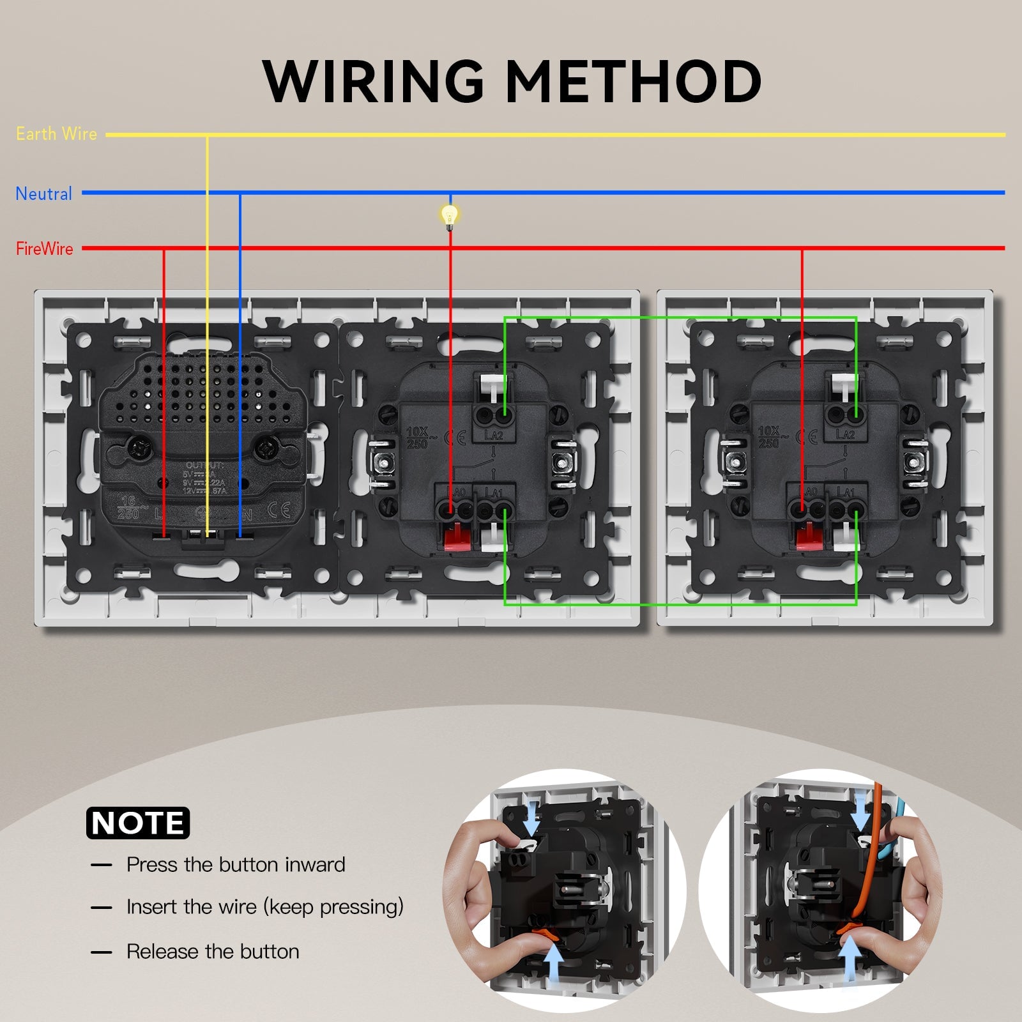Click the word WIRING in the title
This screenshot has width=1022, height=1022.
pyautogui.click(x=373, y=81)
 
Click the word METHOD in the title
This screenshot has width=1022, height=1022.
pyautogui.click(x=634, y=81)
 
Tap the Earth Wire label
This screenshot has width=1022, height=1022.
pyautogui.click(x=56, y=134)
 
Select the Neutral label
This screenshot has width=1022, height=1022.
pyautogui.click(x=43, y=194)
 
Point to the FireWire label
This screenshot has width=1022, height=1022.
pyautogui.click(x=44, y=248)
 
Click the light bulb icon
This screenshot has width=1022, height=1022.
pyautogui.click(x=450, y=215)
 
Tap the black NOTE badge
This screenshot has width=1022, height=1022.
pyautogui.click(x=138, y=823)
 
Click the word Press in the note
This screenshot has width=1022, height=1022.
pyautogui.click(x=152, y=865)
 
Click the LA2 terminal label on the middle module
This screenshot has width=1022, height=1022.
pyautogui.click(x=494, y=435)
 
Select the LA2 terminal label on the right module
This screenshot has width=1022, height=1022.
pyautogui.click(x=845, y=435)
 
